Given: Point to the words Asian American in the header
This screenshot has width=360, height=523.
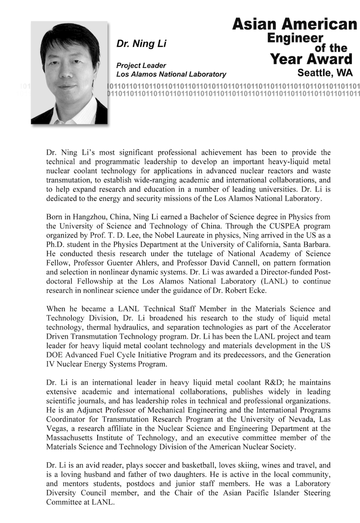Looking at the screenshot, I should click(294, 24).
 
